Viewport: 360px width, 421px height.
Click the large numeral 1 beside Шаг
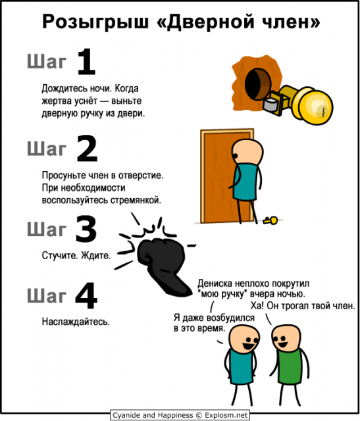coord(86,64)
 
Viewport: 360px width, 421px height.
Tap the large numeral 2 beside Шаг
coord(86,149)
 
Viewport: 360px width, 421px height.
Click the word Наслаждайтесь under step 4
coord(75,322)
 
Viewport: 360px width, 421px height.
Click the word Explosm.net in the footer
coord(227,415)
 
